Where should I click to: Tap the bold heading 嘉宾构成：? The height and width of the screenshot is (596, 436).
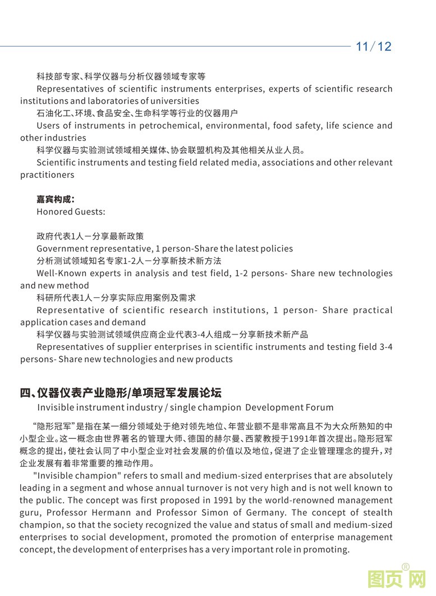(56, 199)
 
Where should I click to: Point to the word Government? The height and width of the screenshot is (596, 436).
(62, 249)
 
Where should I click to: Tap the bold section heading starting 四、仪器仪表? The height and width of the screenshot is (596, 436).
(121, 393)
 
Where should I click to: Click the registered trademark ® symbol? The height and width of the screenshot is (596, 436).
(406, 566)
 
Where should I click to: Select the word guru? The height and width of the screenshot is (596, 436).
(30, 512)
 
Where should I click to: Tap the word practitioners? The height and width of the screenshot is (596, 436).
(47, 175)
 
